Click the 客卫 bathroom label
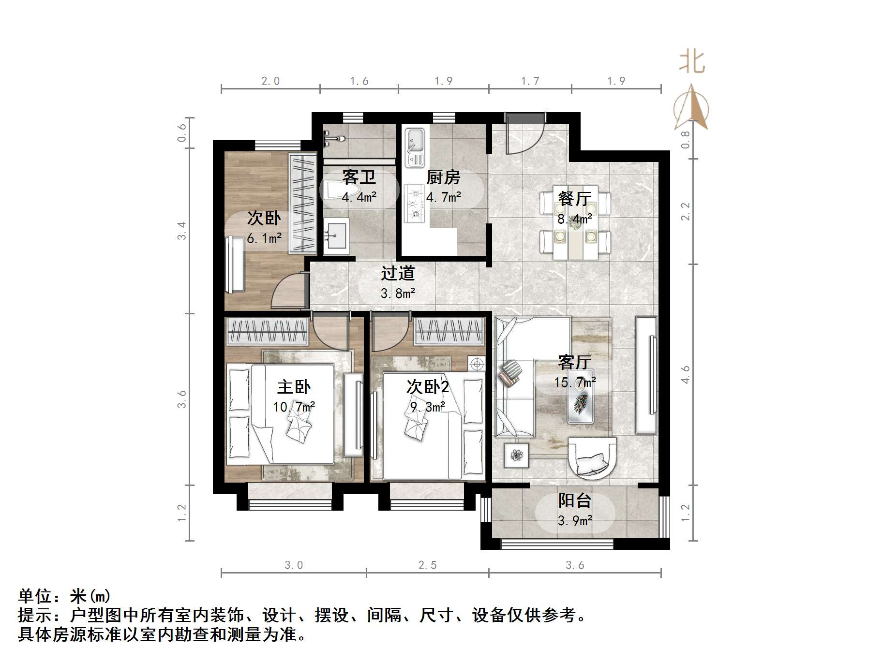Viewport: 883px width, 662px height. (x=359, y=177)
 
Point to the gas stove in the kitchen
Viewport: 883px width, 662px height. (x=414, y=204)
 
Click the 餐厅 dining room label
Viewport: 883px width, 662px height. (x=574, y=198)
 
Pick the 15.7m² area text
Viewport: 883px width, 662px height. (x=575, y=382)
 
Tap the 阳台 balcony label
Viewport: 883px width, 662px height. (x=574, y=500)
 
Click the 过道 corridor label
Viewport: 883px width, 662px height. (x=398, y=273)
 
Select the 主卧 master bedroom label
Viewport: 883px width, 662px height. (x=294, y=387)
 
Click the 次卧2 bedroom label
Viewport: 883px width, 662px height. (x=428, y=387)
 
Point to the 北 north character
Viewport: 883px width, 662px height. (x=692, y=62)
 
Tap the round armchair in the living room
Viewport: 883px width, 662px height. (x=593, y=457)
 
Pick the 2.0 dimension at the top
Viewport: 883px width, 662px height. (x=270, y=81)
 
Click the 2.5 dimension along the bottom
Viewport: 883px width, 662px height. (x=428, y=565)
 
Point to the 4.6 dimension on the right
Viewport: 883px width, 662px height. (x=685, y=375)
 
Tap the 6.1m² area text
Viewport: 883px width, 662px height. (x=264, y=238)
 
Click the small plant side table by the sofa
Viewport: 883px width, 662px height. (x=517, y=455)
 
